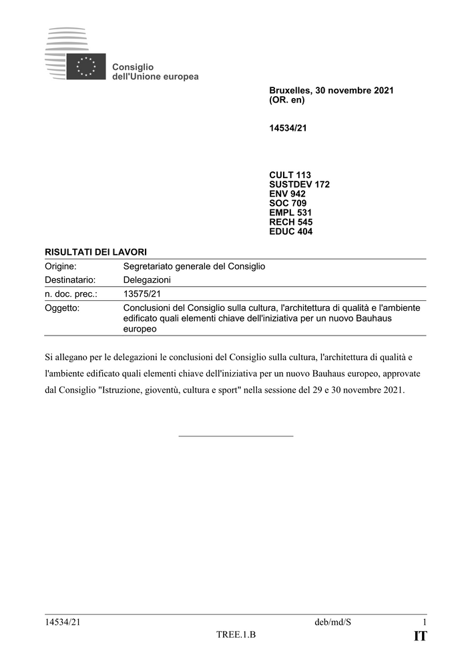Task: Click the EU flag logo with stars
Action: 85,66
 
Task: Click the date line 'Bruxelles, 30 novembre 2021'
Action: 331,90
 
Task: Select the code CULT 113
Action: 290,175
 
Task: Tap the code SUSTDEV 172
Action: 299,185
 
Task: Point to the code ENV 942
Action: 287,194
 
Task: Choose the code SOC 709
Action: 288,203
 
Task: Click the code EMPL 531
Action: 290,213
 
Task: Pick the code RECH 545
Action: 290,222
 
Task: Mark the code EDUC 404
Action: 290,231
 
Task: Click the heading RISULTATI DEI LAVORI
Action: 95,251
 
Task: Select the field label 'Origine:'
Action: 61,266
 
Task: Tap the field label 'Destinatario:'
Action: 70,279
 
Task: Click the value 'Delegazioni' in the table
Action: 147,279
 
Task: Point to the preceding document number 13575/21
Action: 142,293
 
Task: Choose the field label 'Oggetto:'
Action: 62,308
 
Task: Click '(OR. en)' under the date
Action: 286,100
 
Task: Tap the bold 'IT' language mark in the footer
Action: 420,636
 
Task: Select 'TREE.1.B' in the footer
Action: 236,634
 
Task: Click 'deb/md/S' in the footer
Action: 332,622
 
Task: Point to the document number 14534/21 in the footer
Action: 63,622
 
